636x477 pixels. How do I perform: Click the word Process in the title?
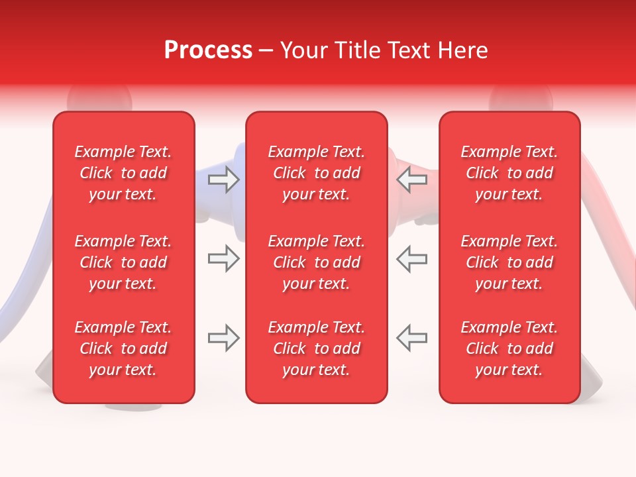pos(208,50)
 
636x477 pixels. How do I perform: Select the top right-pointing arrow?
pos(223,180)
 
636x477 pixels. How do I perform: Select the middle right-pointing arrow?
pos(223,259)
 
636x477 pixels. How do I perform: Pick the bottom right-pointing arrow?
pos(223,338)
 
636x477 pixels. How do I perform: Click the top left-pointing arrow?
pos(412,180)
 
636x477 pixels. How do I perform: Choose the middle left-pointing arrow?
pos(412,259)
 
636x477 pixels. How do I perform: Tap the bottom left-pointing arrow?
pos(412,338)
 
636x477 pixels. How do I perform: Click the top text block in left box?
pos(123,173)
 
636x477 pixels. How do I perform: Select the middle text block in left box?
pos(123,262)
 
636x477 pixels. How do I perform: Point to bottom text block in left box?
pos(123,348)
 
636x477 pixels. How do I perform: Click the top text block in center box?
pos(316,173)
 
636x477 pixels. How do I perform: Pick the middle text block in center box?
pos(316,262)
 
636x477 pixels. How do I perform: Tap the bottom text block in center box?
pos(316,348)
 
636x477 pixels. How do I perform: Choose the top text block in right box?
pos(509,173)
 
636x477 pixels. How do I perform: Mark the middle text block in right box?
pos(509,262)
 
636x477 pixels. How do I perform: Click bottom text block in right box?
pos(509,348)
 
